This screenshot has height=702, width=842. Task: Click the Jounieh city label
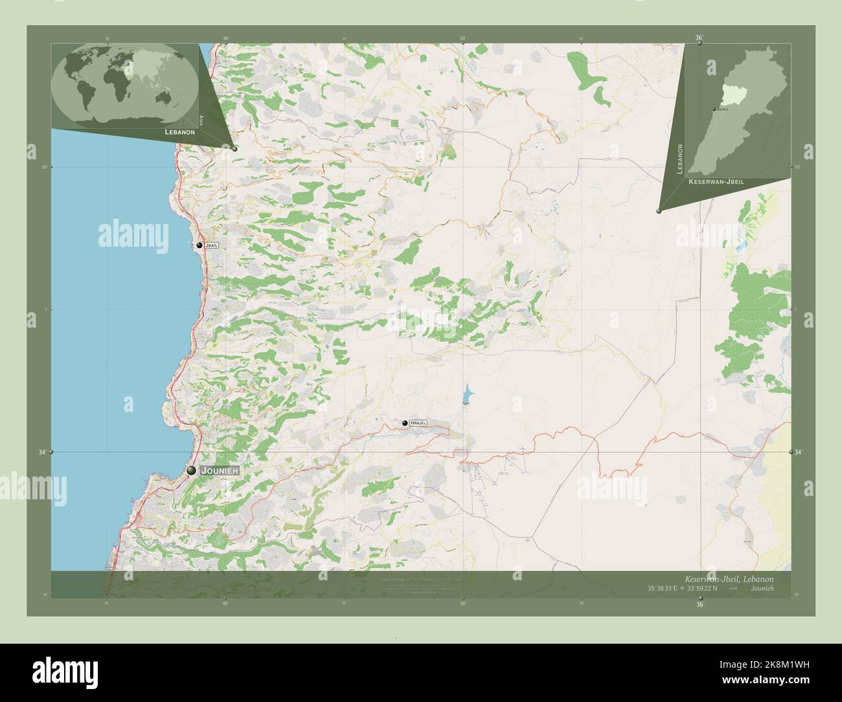(220, 471)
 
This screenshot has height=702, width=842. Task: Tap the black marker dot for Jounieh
(191, 471)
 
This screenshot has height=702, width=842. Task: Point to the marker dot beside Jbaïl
(199, 246)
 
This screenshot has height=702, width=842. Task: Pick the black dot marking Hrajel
(405, 423)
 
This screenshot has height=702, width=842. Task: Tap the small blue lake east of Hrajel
(466, 394)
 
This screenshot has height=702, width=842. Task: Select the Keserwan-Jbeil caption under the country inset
(716, 182)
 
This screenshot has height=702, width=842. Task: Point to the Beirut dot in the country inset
(714, 109)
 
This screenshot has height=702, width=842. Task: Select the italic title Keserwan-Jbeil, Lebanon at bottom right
(729, 578)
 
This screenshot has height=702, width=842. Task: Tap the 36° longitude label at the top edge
(700, 38)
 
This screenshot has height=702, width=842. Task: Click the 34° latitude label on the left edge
(42, 452)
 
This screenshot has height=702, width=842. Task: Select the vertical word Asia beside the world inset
(202, 120)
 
